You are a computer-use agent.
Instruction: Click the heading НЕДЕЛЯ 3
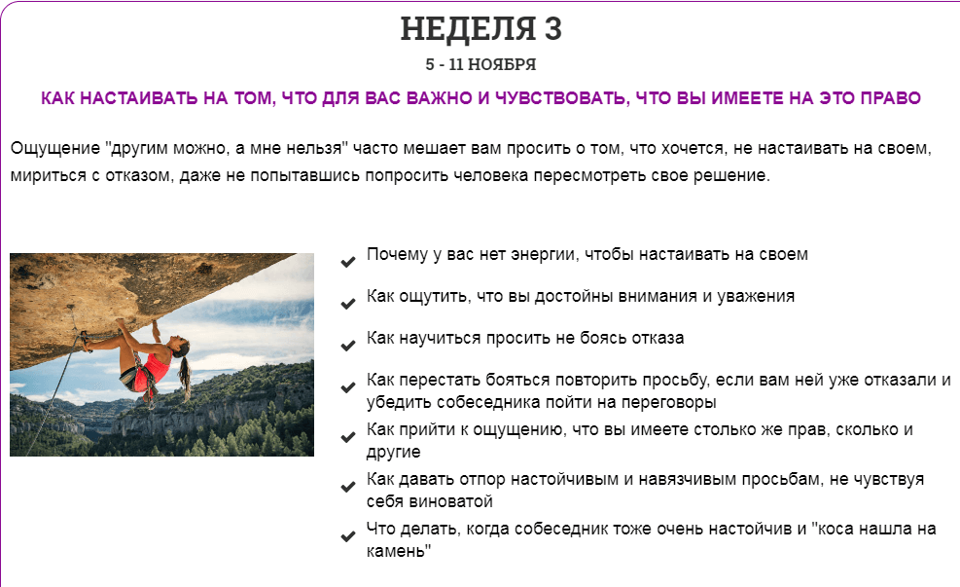480,29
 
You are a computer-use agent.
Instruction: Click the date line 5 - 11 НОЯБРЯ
480,64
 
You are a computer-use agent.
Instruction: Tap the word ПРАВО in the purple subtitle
890,98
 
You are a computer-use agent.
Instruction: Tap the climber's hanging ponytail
185,374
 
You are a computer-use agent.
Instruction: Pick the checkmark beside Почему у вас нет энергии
348,262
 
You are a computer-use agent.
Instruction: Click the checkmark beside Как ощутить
348,304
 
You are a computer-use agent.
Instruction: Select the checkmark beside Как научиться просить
348,345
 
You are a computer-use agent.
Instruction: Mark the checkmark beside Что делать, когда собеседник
348,536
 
